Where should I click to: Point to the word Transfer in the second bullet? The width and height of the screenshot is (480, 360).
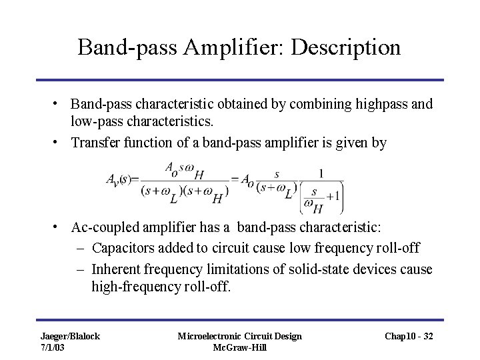[x=94, y=142]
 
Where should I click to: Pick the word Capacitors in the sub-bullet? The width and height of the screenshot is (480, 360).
[x=122, y=249]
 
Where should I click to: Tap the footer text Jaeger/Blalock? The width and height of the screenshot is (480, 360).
[x=69, y=336]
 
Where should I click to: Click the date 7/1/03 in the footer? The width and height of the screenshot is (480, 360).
[x=53, y=347]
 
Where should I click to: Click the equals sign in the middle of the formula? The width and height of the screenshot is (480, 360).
[x=235, y=179]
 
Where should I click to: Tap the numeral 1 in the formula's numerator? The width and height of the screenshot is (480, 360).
[x=322, y=173]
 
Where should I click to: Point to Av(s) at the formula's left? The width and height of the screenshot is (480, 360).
[x=119, y=179]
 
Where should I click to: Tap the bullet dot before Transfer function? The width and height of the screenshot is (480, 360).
[x=56, y=142]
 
